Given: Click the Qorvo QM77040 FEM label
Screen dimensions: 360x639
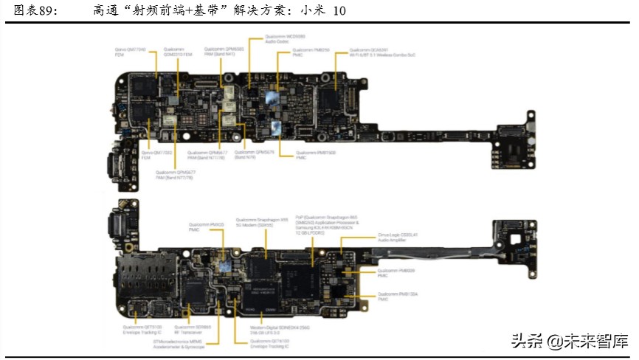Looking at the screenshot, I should click(130, 52).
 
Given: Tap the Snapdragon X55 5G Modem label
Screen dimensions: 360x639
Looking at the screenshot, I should click(259, 222).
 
